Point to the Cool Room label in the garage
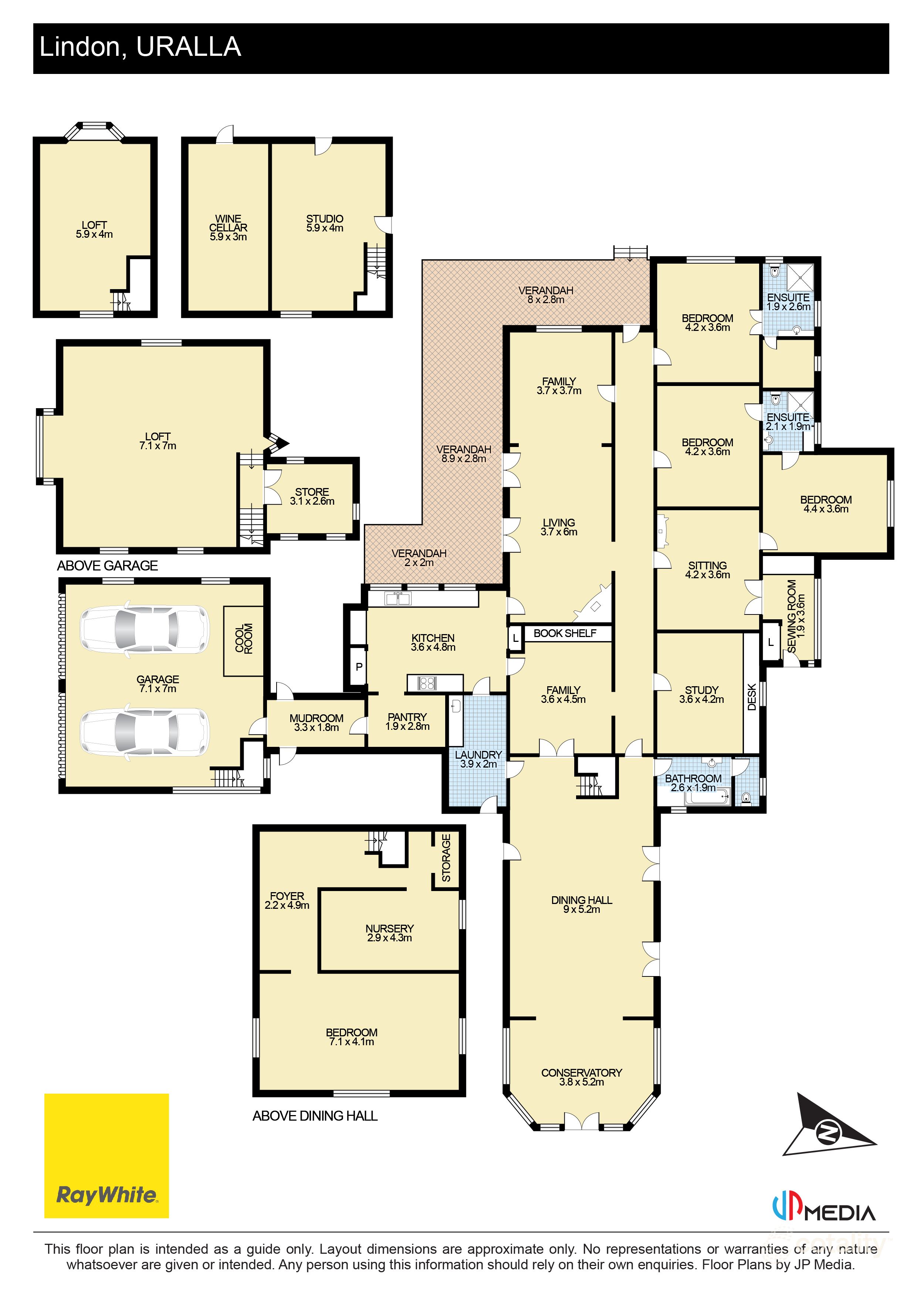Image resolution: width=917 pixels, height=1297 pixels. click(244, 639)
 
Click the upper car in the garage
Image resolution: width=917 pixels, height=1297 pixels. click(145, 629)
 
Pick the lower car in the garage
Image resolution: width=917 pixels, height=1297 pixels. click(145, 733)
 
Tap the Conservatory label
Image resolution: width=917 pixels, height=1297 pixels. click(581, 1077)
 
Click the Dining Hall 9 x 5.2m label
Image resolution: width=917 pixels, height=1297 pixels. click(581, 904)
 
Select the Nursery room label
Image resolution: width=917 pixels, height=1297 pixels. click(389, 933)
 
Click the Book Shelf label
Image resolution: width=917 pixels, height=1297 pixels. click(565, 633)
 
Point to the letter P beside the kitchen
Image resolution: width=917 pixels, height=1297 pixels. click(359, 667)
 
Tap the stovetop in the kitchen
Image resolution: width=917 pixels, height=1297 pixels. click(427, 683)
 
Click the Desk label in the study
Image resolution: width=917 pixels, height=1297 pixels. click(751, 697)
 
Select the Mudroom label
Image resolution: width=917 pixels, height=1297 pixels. click(317, 722)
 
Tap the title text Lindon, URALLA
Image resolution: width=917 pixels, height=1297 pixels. click(140, 47)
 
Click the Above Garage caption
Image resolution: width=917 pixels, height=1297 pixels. click(107, 565)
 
